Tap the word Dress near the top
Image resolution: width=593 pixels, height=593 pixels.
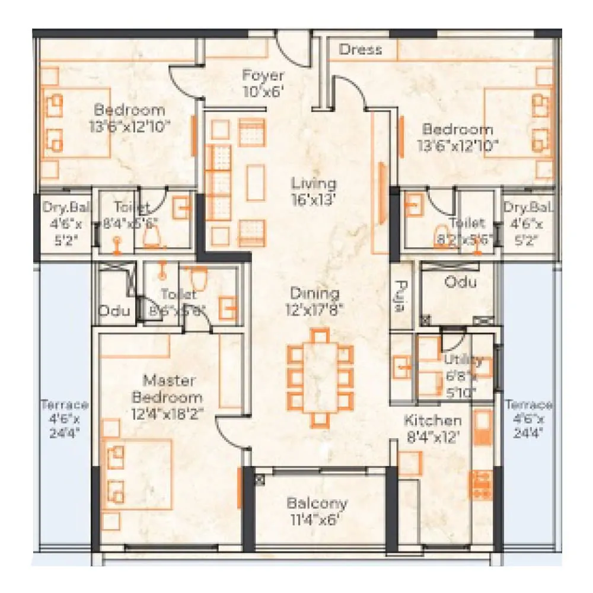[x=360, y=50]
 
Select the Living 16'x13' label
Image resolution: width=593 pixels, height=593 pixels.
[x=314, y=192]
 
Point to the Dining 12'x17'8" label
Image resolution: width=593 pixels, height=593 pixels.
[x=314, y=301]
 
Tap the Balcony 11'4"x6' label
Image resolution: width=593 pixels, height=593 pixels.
[x=317, y=511]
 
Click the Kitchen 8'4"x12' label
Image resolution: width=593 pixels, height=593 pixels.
[x=432, y=429]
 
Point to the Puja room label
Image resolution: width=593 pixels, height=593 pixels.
[x=401, y=296]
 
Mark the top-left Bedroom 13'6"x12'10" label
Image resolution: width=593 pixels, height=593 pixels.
[x=129, y=117]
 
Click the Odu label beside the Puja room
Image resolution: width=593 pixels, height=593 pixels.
[x=460, y=282]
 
